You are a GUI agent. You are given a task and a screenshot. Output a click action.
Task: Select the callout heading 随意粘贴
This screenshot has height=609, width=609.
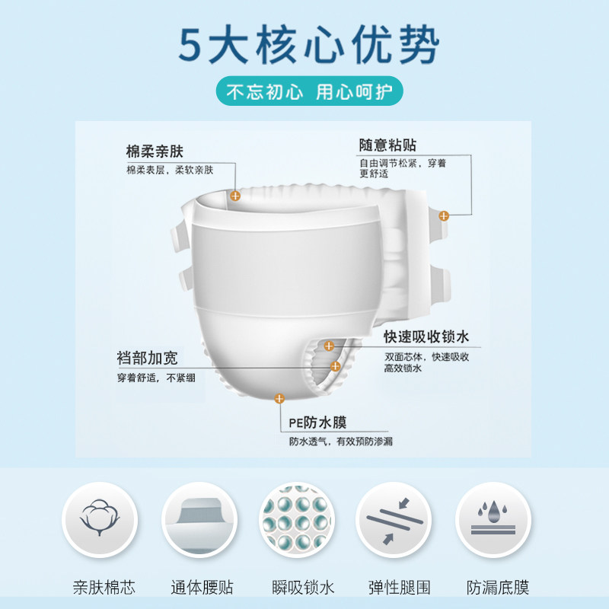tap(388, 145)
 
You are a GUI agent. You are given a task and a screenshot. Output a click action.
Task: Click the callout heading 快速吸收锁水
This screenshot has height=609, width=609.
tap(426, 337)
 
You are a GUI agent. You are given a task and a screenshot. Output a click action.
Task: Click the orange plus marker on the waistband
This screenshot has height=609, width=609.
tap(235, 196)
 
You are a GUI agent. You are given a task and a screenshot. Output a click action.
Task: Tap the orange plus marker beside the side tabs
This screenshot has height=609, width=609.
tap(444, 216)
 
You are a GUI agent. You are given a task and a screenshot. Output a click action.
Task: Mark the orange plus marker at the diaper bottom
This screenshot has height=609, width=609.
tap(280, 397)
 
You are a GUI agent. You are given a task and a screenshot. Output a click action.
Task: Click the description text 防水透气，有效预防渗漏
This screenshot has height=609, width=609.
tap(340, 442)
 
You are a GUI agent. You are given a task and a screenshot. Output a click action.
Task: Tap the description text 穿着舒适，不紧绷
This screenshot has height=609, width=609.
tap(150, 377)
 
